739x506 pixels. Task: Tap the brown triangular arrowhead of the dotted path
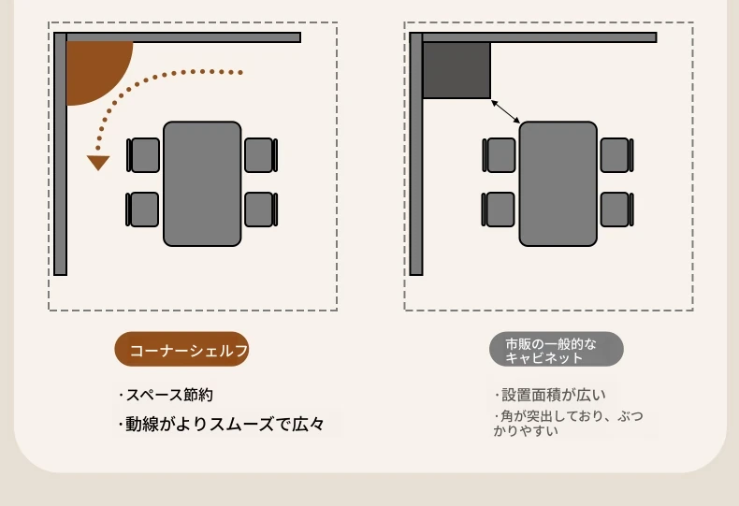click(98, 162)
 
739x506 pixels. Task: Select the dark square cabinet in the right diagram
click(456, 70)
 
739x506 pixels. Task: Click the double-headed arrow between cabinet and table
click(505, 111)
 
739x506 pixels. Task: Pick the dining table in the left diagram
click(202, 183)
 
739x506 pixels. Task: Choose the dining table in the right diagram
click(558, 183)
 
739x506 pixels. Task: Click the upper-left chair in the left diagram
click(143, 155)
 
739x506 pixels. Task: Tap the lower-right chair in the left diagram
click(261, 210)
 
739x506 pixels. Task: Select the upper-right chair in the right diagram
click(617, 155)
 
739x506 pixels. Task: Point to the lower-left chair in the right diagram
click(499, 210)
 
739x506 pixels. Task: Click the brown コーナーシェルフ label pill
click(181, 349)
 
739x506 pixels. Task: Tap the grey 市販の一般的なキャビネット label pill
click(557, 349)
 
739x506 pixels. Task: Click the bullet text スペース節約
click(167, 395)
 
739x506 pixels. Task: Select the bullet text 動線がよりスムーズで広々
click(222, 424)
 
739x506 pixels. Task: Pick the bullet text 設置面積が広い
click(550, 395)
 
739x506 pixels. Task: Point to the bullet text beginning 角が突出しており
click(569, 423)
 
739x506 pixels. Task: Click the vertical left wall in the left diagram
click(60, 153)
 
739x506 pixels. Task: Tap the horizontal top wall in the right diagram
click(533, 37)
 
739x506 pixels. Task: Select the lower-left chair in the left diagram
click(142, 210)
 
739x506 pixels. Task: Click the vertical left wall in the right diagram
click(416, 153)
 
